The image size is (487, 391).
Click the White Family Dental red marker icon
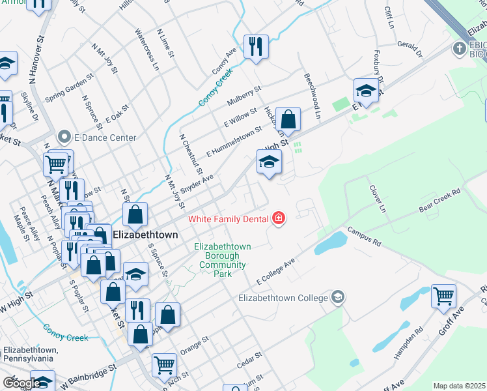279,218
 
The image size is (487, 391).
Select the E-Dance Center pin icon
64,138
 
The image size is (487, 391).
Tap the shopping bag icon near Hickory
288,120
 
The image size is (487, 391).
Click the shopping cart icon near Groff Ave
443,297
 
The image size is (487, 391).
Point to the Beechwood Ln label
313,95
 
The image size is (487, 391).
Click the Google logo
21,383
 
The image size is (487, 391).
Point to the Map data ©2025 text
460,386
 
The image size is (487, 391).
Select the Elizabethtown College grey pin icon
338,298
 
